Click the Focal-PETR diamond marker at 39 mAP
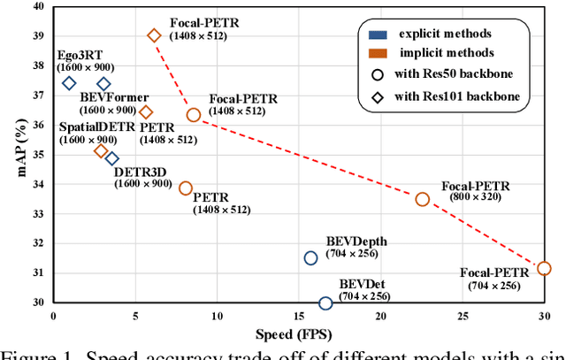pyautogui.click(x=154, y=35)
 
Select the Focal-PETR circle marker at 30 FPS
pyautogui.click(x=544, y=268)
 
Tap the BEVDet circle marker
pyautogui.click(x=325, y=303)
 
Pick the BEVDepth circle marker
pyautogui.click(x=310, y=257)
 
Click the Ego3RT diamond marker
pyautogui.click(x=69, y=83)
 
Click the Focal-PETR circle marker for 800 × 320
pyautogui.click(x=422, y=199)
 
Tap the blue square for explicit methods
pyautogui.click(x=374, y=34)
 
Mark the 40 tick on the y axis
pyautogui.click(x=36, y=7)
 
